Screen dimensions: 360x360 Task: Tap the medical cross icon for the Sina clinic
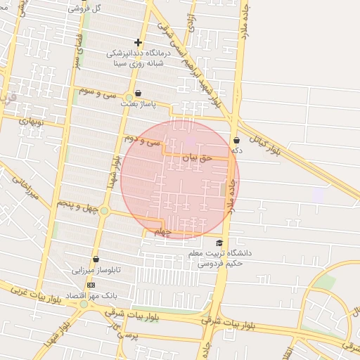point(138,42)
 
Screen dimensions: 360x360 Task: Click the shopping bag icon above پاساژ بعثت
point(138,93)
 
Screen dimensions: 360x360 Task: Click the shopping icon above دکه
point(237,140)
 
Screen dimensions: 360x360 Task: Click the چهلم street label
point(162,232)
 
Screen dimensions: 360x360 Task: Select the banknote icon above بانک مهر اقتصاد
point(90,285)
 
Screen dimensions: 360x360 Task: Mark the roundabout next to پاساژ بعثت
point(129,96)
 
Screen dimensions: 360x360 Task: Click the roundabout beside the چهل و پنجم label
point(104,210)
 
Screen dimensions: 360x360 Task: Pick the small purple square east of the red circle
point(319,195)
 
